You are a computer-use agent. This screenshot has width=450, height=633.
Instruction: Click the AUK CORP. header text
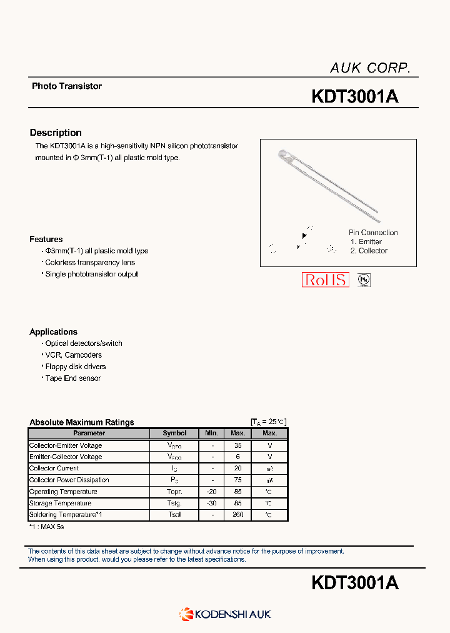369,68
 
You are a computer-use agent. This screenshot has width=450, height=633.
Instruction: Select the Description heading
56,133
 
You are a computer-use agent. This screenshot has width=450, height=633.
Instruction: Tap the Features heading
46,239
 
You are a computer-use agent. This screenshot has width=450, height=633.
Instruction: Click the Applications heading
54,332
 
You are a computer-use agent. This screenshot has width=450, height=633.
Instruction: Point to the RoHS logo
324,280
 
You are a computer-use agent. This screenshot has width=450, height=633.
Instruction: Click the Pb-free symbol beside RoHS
364,280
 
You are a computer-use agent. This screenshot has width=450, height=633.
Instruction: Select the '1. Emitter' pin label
366,241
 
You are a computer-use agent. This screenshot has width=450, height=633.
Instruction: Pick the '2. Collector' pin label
369,251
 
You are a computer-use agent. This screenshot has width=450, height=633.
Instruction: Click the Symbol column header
174,433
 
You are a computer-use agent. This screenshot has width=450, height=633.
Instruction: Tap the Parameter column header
89,433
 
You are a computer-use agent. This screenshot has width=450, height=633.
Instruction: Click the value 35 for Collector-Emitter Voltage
237,445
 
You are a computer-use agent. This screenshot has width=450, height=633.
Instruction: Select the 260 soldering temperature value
237,515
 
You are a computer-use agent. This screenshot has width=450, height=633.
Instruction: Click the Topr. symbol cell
174,492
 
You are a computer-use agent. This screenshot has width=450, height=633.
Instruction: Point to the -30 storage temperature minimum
211,504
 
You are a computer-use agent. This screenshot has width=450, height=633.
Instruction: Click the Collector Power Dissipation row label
69,480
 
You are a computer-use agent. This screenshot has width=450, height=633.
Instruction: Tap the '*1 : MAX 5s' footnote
47,527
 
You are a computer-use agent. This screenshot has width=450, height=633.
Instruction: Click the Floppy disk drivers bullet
75,367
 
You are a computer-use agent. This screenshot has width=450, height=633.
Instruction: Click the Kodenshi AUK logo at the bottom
226,614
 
